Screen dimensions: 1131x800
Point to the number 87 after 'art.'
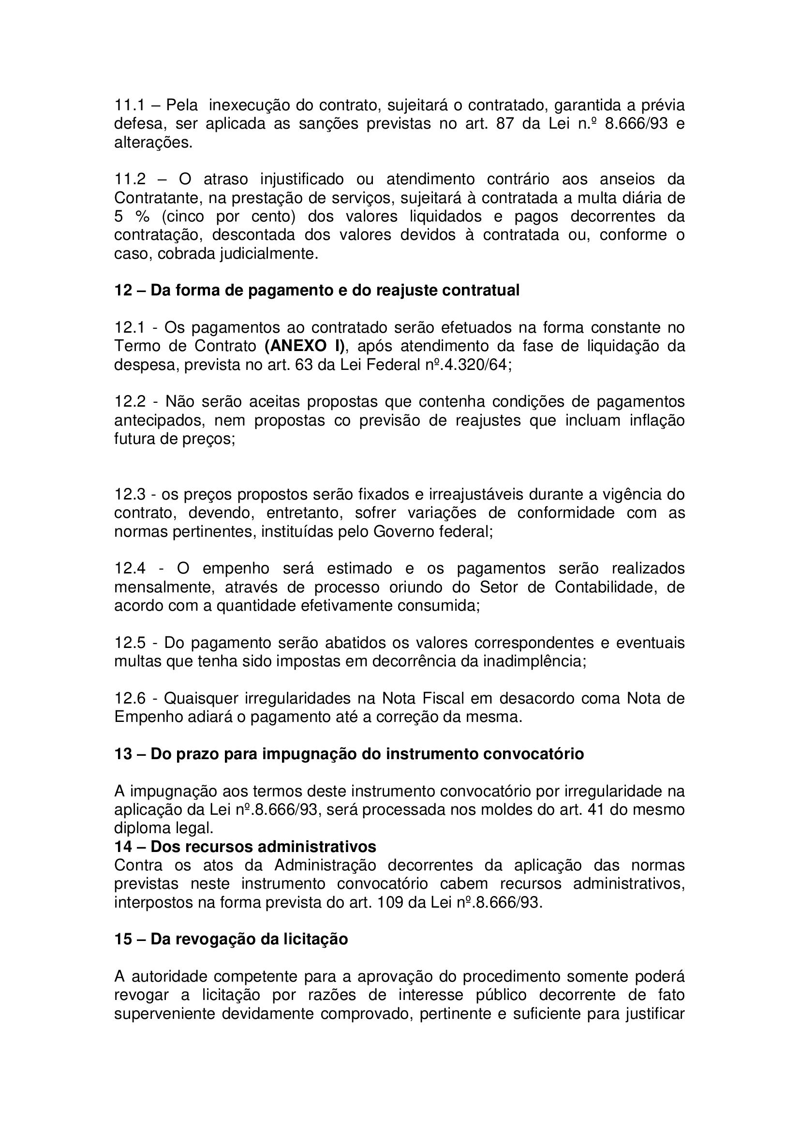tap(505, 124)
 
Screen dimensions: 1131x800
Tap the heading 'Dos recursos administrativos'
tap(263, 847)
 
